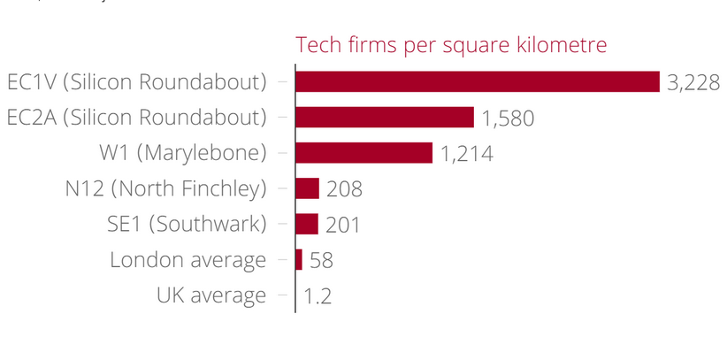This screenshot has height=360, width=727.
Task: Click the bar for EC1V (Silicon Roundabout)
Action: pyautogui.click(x=478, y=81)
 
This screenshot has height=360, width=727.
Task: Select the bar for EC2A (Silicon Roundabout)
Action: pyautogui.click(x=385, y=118)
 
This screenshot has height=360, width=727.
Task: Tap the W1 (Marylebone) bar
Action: pyautogui.click(x=363, y=153)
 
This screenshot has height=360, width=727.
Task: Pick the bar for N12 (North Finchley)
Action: pyautogui.click(x=307, y=188)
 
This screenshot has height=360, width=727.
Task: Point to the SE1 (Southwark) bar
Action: pyautogui.click(x=306, y=224)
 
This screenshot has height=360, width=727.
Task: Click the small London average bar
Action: pyautogui.click(x=299, y=259)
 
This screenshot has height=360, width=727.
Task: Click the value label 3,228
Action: pyautogui.click(x=694, y=82)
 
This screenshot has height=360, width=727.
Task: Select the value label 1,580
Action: pyautogui.click(x=509, y=119)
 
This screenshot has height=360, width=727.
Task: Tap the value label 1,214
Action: pyautogui.click(x=466, y=154)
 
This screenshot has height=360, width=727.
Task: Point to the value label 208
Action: pyautogui.click(x=345, y=189)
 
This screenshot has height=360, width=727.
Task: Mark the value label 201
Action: pyautogui.click(x=343, y=225)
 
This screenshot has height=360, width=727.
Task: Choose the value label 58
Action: pyautogui.click(x=321, y=260)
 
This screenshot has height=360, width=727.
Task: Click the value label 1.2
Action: pyautogui.click(x=318, y=295)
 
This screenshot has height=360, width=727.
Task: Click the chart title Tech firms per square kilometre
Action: pyautogui.click(x=451, y=45)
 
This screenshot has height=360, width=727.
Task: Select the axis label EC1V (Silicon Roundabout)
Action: pyautogui.click(x=137, y=82)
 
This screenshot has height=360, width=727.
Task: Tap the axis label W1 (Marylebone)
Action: pyautogui.click(x=183, y=153)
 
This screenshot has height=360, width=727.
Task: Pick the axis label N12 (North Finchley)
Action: pyautogui.click(x=166, y=188)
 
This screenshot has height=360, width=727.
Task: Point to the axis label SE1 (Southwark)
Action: pyautogui.click(x=180, y=224)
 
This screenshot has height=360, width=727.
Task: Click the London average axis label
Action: pyautogui.click(x=187, y=260)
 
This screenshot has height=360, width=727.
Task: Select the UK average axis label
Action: pyautogui.click(x=211, y=295)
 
